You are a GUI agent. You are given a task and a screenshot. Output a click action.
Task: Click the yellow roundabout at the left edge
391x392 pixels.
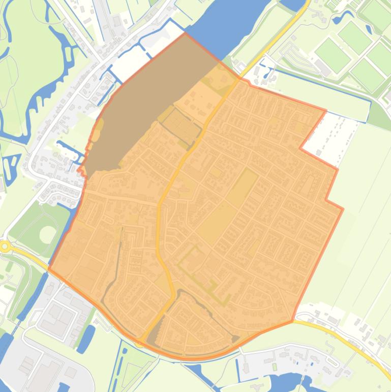click(x=5, y=246)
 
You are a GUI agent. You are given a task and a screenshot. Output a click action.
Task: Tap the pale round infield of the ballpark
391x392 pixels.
click(x=47, y=234)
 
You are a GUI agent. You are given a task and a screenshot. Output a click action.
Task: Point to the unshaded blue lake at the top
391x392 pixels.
click(x=229, y=25)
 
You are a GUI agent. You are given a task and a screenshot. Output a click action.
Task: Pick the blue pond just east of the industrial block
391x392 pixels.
click(x=86, y=339)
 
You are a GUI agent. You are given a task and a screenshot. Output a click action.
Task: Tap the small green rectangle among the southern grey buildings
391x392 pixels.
click(x=275, y=367)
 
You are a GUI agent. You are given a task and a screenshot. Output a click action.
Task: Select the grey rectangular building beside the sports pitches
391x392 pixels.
click(x=322, y=67)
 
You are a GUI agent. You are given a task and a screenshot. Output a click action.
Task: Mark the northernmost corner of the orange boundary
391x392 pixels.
click(x=185, y=34)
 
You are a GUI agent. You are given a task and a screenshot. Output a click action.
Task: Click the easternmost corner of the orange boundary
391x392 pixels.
click(x=343, y=208)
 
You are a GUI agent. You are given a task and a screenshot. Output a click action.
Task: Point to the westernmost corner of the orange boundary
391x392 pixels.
click(x=48, y=268)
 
